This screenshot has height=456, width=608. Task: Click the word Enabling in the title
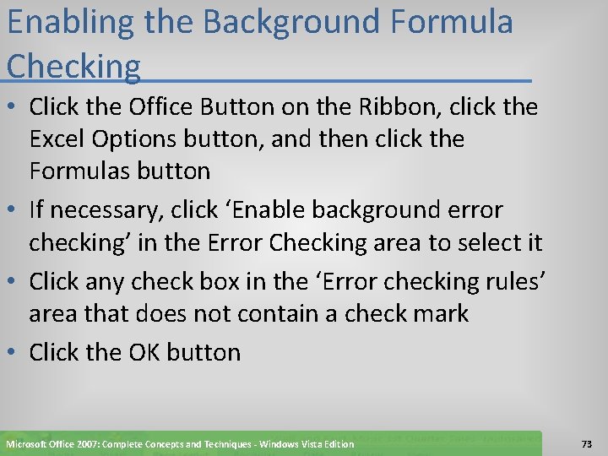tap(69, 23)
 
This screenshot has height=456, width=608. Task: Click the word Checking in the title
tap(73, 67)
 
